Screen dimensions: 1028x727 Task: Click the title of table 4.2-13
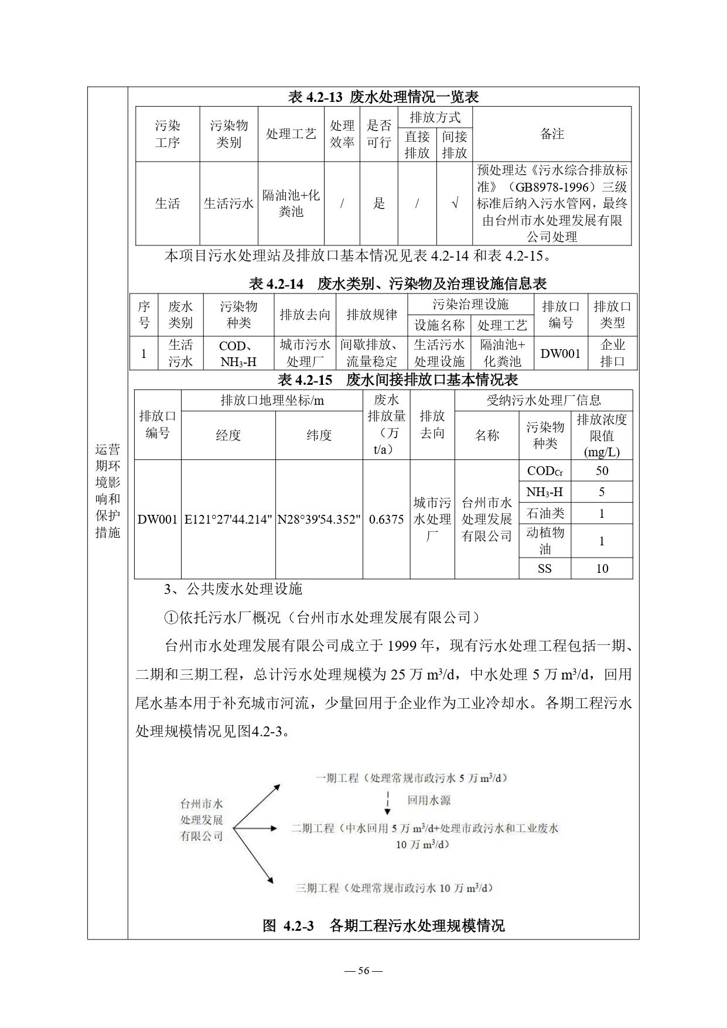coord(383,97)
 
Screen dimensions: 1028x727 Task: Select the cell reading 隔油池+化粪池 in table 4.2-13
coord(291,203)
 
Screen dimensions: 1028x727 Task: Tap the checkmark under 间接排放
coord(454,204)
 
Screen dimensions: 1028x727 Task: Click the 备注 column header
coord(552,134)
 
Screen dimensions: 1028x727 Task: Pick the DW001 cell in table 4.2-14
coord(561,353)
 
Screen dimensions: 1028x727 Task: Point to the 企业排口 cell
coord(612,353)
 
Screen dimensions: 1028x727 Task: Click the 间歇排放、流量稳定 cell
coord(371,353)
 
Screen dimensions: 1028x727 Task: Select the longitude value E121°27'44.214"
coord(228,519)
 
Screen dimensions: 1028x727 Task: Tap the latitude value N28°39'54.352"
coord(319,519)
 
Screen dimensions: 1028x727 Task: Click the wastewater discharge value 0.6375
coord(386,519)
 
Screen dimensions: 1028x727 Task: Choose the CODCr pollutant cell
coord(544,471)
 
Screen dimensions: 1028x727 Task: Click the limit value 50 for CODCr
coord(602,471)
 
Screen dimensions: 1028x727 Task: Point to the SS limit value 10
coord(602,568)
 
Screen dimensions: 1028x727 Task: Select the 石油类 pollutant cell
coord(544,513)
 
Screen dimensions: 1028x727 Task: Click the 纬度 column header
coord(319,435)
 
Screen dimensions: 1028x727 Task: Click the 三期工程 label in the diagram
coord(317,888)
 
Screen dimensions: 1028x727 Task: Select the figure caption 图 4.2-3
coord(383,925)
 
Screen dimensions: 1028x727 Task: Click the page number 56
coord(363,971)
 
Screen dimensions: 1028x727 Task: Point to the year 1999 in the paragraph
coord(401,646)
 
